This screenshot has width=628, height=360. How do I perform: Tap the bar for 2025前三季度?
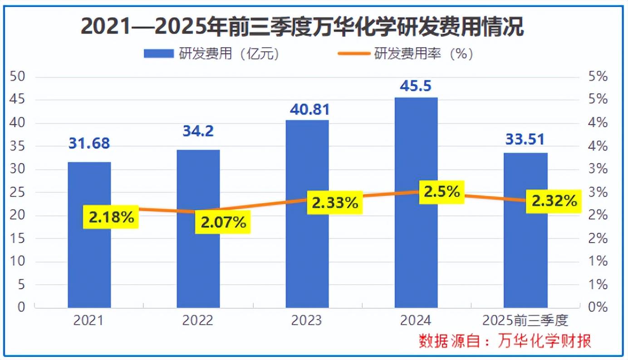(525, 263)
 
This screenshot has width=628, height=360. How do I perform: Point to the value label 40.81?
(307, 109)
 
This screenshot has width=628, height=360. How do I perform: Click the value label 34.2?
(198, 131)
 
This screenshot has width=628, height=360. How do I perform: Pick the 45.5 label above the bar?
(416, 86)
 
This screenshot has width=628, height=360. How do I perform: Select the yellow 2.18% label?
(112, 217)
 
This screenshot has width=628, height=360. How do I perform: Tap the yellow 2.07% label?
(223, 223)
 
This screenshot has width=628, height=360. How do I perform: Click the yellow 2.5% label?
(442, 192)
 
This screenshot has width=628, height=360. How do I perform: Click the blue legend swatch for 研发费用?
(158, 54)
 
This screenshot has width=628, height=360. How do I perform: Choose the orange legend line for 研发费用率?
(354, 54)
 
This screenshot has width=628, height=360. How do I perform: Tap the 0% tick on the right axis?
(597, 307)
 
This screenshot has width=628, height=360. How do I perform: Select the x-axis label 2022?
(198, 321)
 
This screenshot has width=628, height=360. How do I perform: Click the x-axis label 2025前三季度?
(525, 321)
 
